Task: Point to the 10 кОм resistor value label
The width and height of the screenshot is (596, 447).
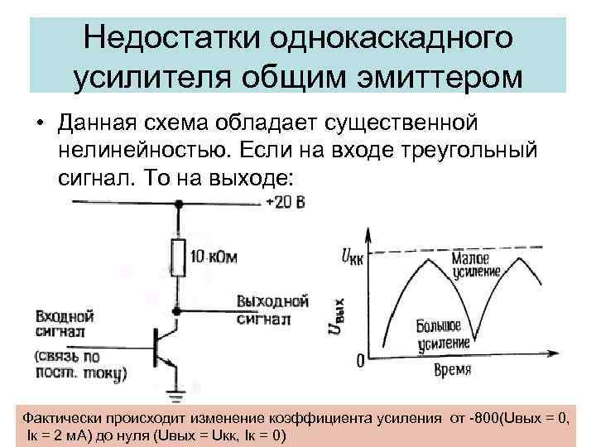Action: pos(214,257)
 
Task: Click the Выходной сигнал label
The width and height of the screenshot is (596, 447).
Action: pos(272,308)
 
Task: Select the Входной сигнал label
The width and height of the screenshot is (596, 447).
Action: pos(64,324)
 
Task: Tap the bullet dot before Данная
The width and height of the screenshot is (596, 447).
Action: pos(39,124)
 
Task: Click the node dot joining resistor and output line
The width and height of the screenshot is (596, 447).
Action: pos(175,311)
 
